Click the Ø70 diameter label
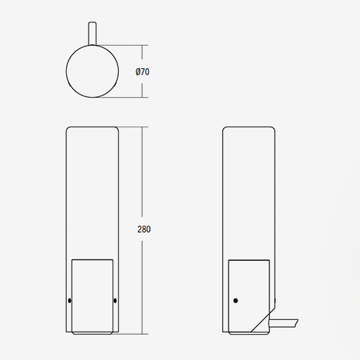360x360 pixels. [x=142, y=72]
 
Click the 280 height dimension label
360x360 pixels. [x=144, y=229]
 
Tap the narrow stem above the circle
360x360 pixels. [x=92, y=33]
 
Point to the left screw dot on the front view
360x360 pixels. [x=70, y=300]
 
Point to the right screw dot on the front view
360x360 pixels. [x=115, y=300]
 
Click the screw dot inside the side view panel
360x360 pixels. [x=236, y=300]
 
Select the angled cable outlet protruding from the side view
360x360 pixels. [x=283, y=323]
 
